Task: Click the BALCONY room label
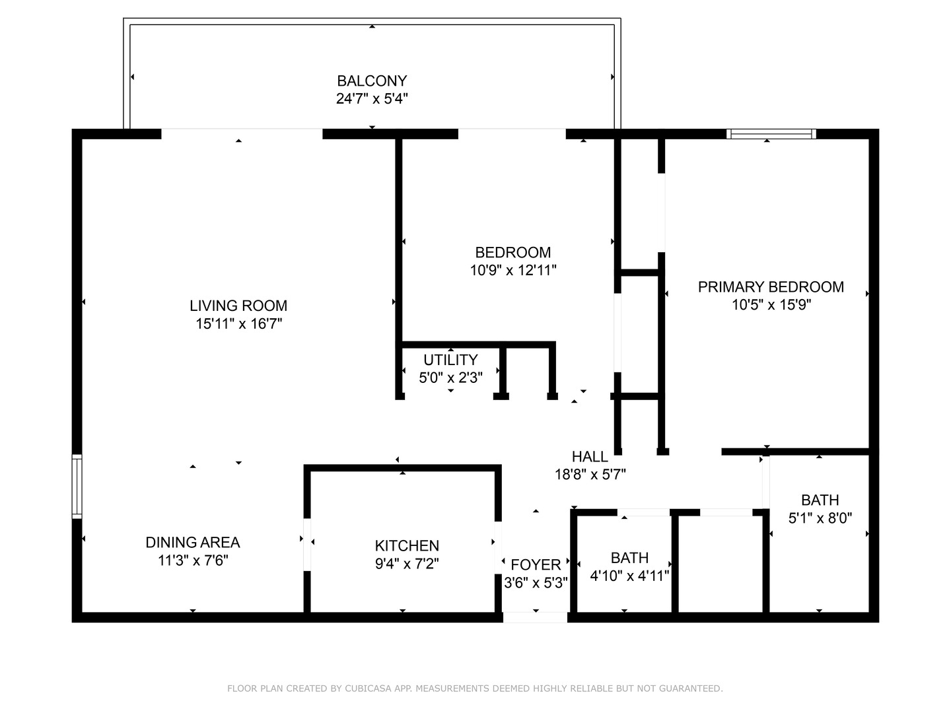coord(372,81)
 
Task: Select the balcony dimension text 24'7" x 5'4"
coord(372,99)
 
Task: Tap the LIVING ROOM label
coord(238,306)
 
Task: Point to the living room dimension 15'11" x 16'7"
coord(238,323)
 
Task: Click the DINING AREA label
coord(193,543)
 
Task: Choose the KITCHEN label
coord(407,546)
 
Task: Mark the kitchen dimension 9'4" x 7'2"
coord(407,564)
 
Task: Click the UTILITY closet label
coord(450,360)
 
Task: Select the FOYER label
coord(536,565)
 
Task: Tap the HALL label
coord(590,457)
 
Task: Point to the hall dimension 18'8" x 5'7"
coord(590,474)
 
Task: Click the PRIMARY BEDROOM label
coord(771,287)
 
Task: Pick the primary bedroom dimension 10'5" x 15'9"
coord(771,305)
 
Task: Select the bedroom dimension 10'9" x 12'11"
coord(513,270)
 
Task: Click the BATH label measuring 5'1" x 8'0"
coord(820,500)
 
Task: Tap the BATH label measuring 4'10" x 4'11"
coord(629,558)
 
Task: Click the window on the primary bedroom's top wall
coord(771,134)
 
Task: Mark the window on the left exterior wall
coord(77,487)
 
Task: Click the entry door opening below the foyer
coord(535,617)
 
